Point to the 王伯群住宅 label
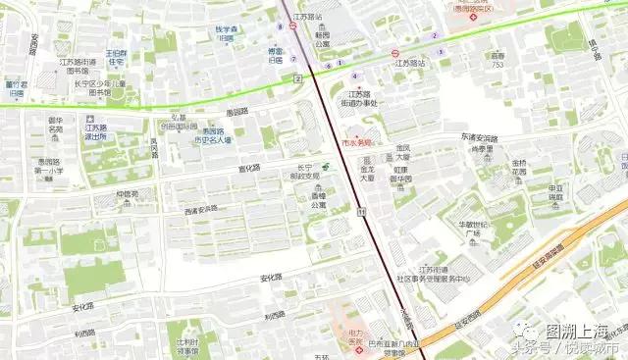click(x=117, y=56)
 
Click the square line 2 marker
click(x=296, y=77)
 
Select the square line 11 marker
click(x=363, y=211)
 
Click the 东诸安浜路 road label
click(x=478, y=138)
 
